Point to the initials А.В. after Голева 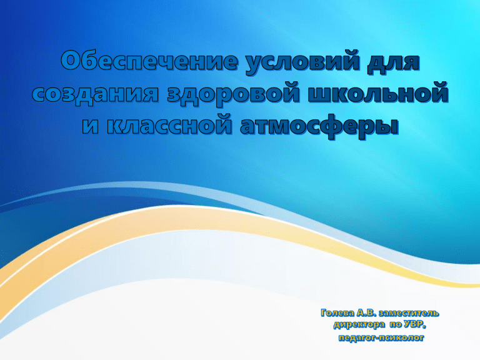tap(374, 311)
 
